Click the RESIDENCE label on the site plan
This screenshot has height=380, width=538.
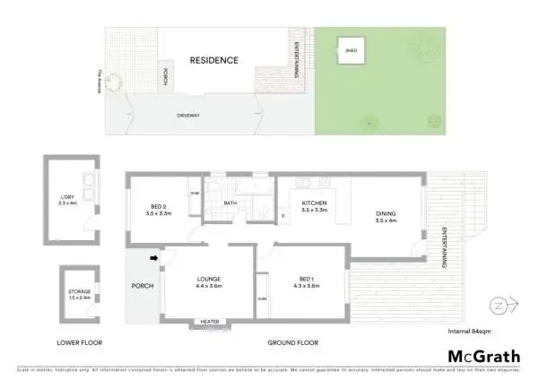tap(213, 61)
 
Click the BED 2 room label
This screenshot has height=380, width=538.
tap(158, 212)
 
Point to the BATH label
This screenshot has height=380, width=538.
tap(230, 203)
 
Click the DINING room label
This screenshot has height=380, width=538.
tap(386, 215)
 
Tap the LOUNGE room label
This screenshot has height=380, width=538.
tap(209, 282)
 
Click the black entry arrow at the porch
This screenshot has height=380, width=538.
tap(153, 259)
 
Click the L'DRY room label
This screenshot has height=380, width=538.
tap(68, 201)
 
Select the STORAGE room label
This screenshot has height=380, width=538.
tap(80, 294)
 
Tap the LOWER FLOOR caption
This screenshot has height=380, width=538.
tap(79, 342)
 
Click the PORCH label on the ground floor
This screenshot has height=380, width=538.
tap(142, 286)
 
